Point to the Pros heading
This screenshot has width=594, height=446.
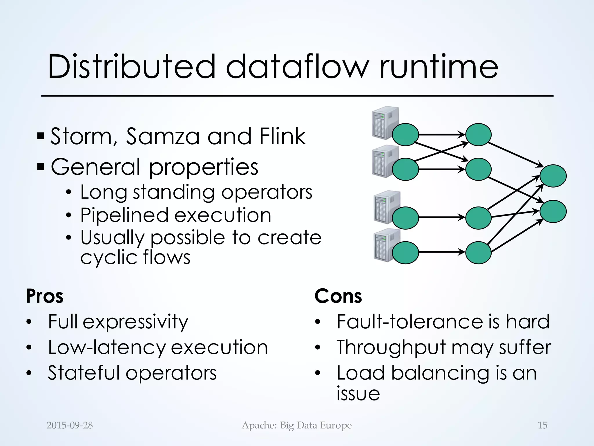click(x=45, y=296)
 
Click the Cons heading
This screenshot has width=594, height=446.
click(x=338, y=296)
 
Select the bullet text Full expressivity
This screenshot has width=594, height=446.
click(x=118, y=322)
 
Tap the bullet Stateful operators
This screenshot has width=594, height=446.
click(x=132, y=373)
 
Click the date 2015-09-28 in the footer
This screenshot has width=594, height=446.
click(x=70, y=425)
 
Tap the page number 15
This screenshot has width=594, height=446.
click(x=542, y=425)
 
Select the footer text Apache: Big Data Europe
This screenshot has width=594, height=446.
click(x=297, y=425)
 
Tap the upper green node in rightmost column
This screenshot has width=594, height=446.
click(x=553, y=176)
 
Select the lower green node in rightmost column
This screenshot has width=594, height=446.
click(x=553, y=211)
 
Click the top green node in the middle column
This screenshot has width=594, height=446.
click(x=478, y=135)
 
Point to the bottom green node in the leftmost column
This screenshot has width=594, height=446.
click(x=405, y=253)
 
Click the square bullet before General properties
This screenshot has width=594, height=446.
click(x=41, y=167)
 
